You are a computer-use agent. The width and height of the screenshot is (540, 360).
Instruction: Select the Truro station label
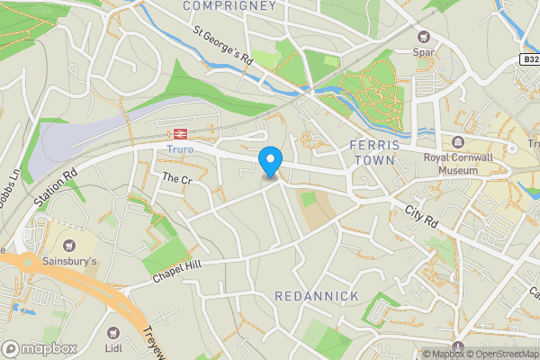coord(180,148)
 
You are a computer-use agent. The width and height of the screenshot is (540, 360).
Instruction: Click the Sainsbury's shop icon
coord(67,245)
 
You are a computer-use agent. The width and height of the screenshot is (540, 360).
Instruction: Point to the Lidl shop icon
coord(113,333)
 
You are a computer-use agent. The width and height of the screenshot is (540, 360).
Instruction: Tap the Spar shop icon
coord(424,37)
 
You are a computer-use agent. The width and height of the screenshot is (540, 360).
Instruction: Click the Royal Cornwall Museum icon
coord(457,142)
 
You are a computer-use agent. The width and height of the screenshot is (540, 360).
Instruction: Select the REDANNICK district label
coord(317,296)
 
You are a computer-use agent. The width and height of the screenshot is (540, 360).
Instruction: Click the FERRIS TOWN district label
coord(371,152)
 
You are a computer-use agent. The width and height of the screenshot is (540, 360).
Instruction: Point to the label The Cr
coord(177,180)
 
